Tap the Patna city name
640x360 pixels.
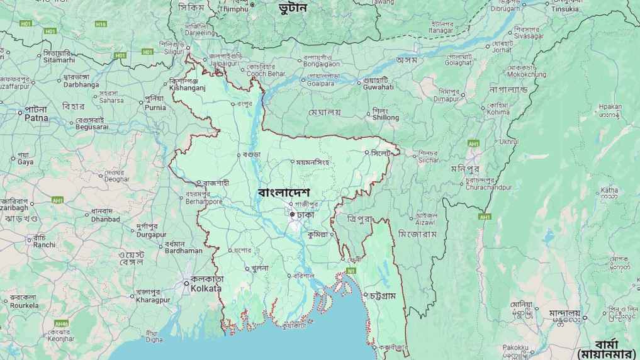coord(36,118)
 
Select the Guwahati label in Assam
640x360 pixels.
coord(378,87)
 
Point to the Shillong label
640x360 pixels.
coord(385,118)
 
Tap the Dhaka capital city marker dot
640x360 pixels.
coord(292,215)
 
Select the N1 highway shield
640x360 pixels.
coord(351,271)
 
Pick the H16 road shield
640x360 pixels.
coord(101,24)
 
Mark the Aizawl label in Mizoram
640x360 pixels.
coord(424,223)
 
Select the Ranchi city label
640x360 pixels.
coord(44,245)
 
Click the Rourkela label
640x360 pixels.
coord(23,305)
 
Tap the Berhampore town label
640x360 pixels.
coord(204,201)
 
